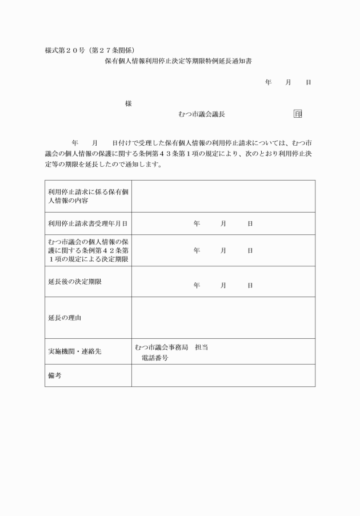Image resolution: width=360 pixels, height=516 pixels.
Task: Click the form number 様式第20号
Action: pyautogui.click(x=64, y=50)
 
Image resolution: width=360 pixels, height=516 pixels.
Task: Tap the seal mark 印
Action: pyautogui.click(x=297, y=114)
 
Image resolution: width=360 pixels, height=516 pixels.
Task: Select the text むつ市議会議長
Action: pyautogui.click(x=202, y=114)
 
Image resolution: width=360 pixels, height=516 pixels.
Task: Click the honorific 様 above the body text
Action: pyautogui.click(x=128, y=103)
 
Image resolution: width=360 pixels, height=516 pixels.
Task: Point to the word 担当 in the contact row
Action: pyautogui.click(x=201, y=347)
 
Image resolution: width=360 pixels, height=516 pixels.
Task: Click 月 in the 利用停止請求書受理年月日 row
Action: pyautogui.click(x=223, y=223)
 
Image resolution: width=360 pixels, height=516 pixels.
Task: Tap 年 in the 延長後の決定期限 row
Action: pyautogui.click(x=197, y=285)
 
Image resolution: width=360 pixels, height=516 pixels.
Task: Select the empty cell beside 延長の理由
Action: pyautogui.click(x=223, y=317)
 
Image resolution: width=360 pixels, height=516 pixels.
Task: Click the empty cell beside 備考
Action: pyautogui.click(x=223, y=375)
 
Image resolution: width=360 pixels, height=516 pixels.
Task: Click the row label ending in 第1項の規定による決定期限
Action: pyautogui.click(x=88, y=250)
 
